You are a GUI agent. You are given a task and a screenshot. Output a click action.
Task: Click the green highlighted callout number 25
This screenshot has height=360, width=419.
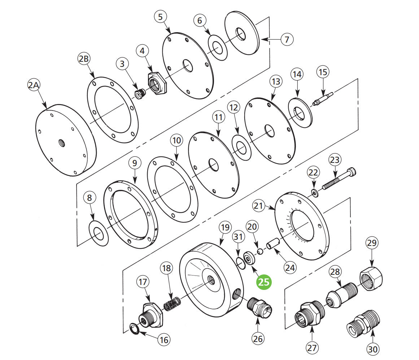click(x=264, y=282)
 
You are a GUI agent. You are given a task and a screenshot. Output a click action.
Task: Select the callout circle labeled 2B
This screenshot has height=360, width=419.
click(x=84, y=59)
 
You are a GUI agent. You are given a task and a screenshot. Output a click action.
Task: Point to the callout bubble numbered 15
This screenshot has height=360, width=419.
click(x=323, y=72)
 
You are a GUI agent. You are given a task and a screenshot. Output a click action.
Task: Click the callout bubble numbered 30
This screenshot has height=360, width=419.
click(x=373, y=349)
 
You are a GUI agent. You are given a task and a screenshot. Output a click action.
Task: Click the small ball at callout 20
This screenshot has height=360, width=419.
click(x=259, y=251)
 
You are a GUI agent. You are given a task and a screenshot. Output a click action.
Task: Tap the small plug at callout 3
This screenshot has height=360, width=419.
click(x=139, y=94)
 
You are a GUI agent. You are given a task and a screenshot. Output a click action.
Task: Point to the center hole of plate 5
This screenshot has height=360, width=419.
click(x=188, y=65)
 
